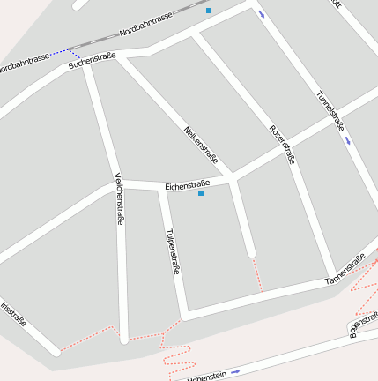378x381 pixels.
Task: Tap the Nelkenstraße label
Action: tap(201, 143)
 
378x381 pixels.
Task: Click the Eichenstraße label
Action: tap(190, 184)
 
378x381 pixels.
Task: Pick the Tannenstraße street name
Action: tap(345, 270)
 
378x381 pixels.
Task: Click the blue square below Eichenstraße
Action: tap(201, 193)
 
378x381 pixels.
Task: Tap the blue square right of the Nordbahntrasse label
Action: tap(209, 11)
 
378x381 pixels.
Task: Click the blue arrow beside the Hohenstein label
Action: tap(235, 371)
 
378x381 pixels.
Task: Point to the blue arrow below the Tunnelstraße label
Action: tap(350, 140)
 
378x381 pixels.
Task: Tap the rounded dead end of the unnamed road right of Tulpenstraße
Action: tap(251, 253)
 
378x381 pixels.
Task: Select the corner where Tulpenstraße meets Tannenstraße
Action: tap(186, 313)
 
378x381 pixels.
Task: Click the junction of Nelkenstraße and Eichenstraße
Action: tap(233, 177)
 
